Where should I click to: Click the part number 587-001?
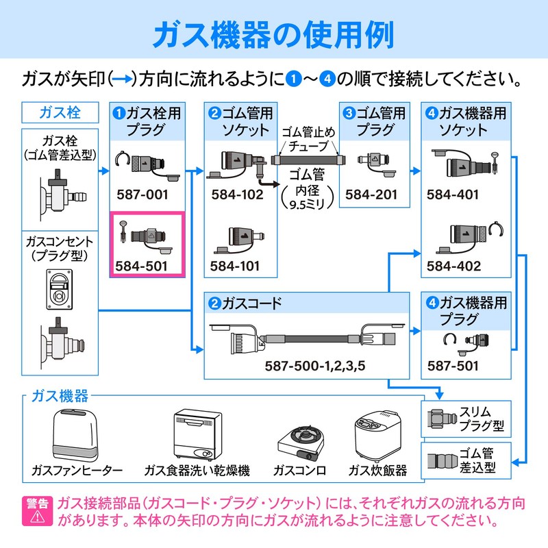[x=142, y=195]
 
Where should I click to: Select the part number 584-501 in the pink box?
[x=142, y=266]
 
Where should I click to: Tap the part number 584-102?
[x=237, y=195]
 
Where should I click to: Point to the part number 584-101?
[x=235, y=266]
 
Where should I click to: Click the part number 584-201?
[x=371, y=195]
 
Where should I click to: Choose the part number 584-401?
[x=453, y=195]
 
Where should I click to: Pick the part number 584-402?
[x=453, y=266]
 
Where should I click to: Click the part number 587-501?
[x=453, y=366]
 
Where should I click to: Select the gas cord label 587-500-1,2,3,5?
[x=315, y=366]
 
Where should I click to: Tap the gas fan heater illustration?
[x=75, y=436]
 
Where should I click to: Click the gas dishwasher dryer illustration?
[x=198, y=434]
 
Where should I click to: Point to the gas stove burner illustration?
[x=301, y=443]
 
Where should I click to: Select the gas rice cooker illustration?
[x=377, y=436]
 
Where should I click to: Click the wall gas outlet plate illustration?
[x=60, y=289]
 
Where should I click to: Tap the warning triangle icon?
[x=37, y=516]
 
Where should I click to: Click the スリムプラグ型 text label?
[x=482, y=419]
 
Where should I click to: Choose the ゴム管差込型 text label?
[x=477, y=460]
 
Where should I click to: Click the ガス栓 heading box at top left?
[x=60, y=112]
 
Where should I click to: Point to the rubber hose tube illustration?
[x=309, y=160]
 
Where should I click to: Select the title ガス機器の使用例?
[x=273, y=35]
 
